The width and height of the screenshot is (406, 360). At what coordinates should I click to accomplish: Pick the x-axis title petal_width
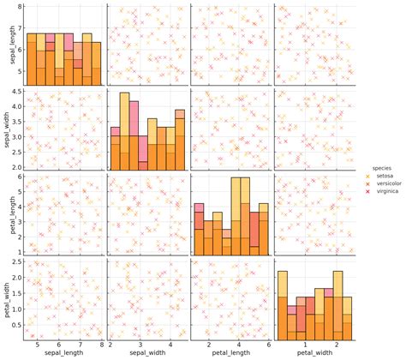click(x=314, y=352)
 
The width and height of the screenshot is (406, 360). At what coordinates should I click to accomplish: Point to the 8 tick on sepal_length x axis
click(x=102, y=344)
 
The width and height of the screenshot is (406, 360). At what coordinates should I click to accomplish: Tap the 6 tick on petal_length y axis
click(x=19, y=177)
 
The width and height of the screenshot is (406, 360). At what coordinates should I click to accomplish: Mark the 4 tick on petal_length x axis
click(x=236, y=344)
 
